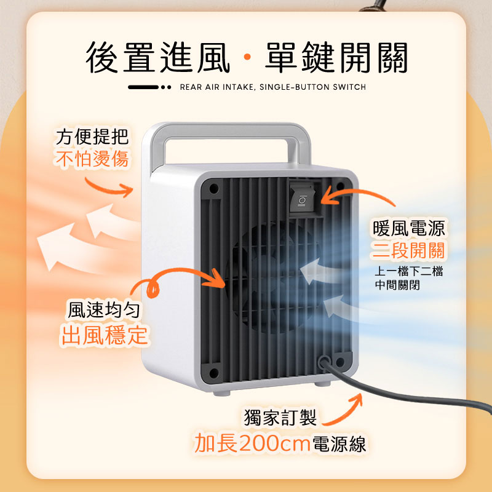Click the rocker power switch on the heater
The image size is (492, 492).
(x=302, y=197)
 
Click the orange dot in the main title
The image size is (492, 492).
(x=247, y=57)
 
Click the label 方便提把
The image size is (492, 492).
(x=92, y=137)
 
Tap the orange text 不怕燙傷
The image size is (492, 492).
(x=92, y=159)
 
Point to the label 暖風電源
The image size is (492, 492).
(x=408, y=228)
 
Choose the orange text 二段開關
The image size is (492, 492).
(x=408, y=251)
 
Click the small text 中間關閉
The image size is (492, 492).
(x=397, y=285)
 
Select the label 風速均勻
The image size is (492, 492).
(x=104, y=310)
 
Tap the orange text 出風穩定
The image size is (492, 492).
(x=104, y=335)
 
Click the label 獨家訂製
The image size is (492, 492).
(x=280, y=418)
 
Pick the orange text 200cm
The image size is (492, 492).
(x=274, y=443)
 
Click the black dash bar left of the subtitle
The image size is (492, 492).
(x=143, y=87)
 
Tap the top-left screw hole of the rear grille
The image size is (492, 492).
(x=213, y=189)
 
